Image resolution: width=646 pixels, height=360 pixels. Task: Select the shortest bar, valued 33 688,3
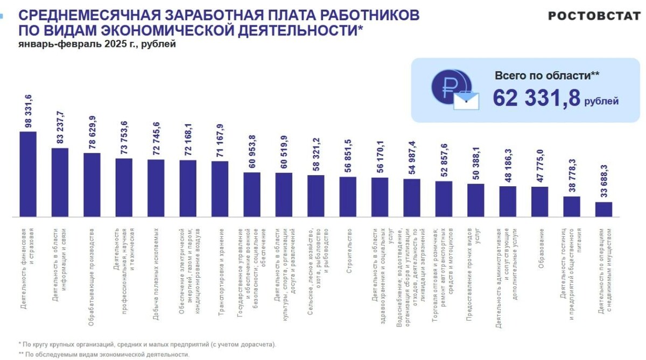603,209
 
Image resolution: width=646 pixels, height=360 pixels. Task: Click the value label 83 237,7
60,128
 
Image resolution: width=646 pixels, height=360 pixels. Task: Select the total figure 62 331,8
537,98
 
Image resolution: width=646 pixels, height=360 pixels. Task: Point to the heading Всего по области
547,75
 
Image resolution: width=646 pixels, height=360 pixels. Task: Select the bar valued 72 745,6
156,188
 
